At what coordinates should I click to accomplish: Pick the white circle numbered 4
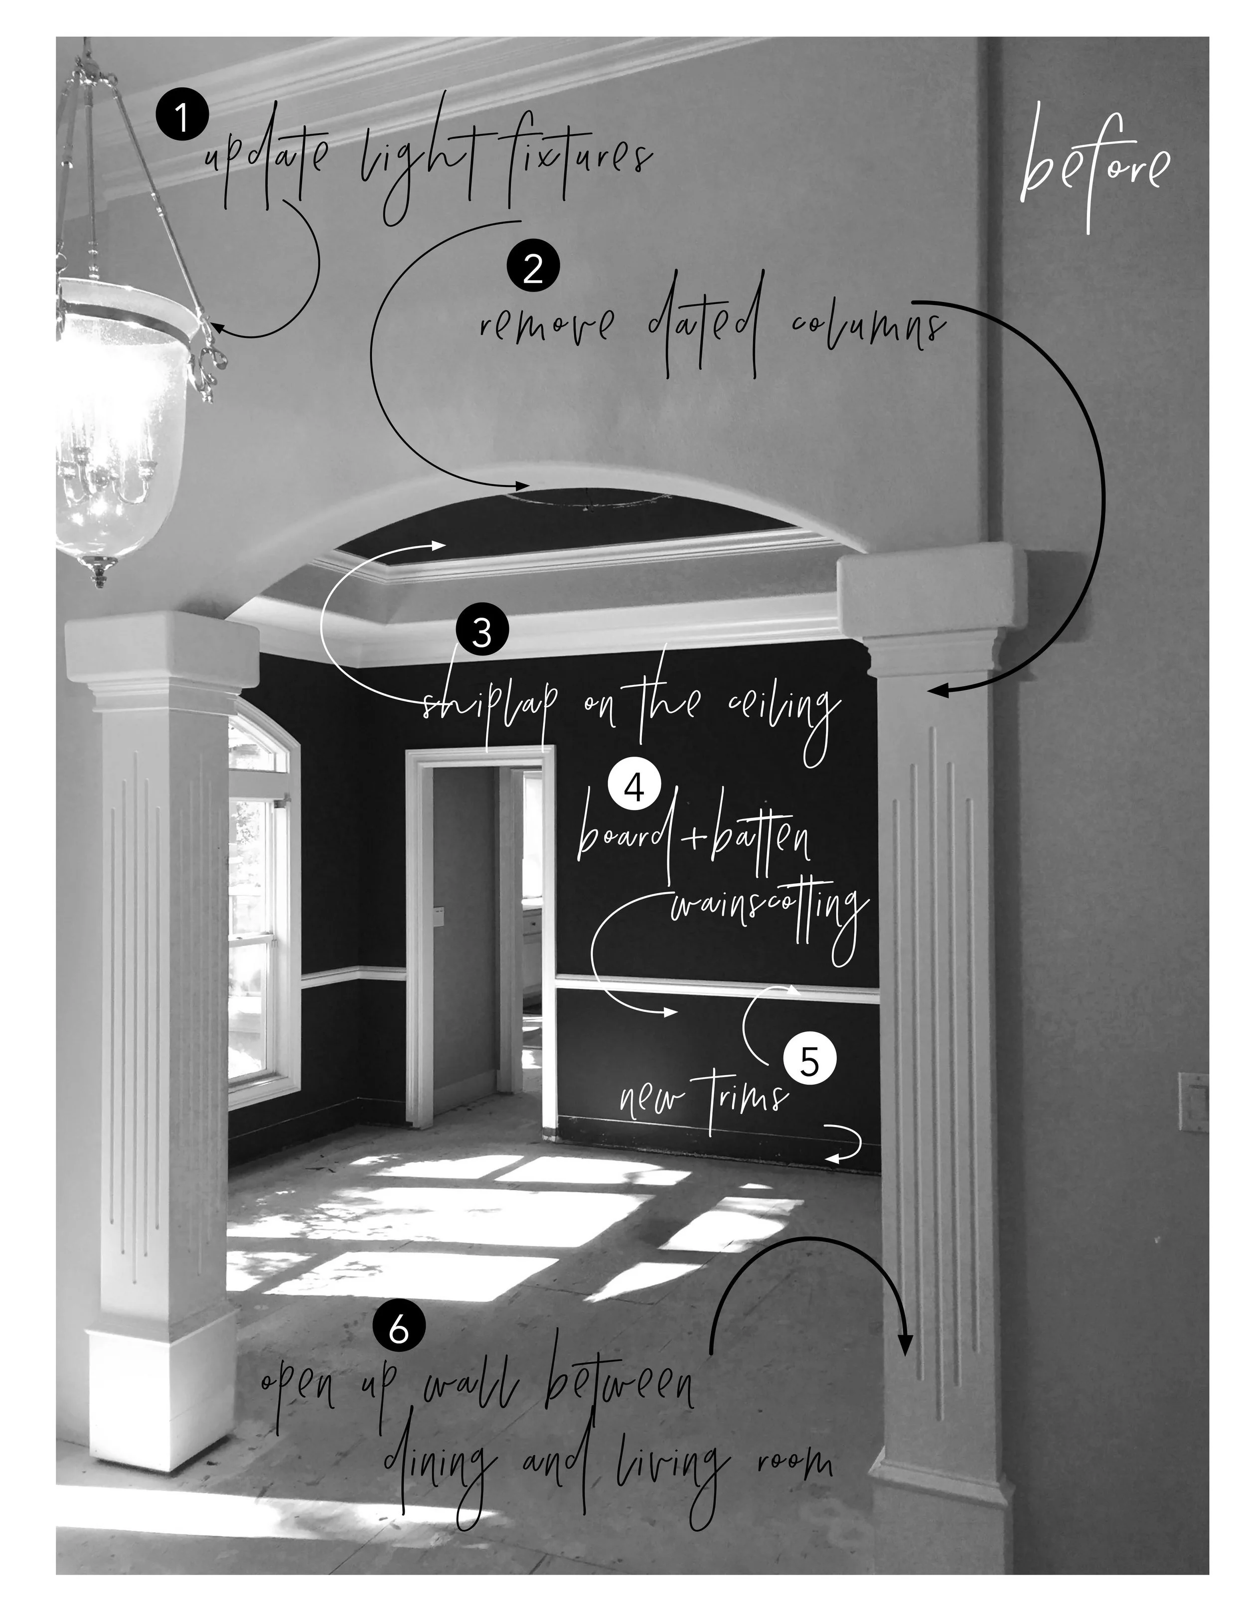tap(633, 788)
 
